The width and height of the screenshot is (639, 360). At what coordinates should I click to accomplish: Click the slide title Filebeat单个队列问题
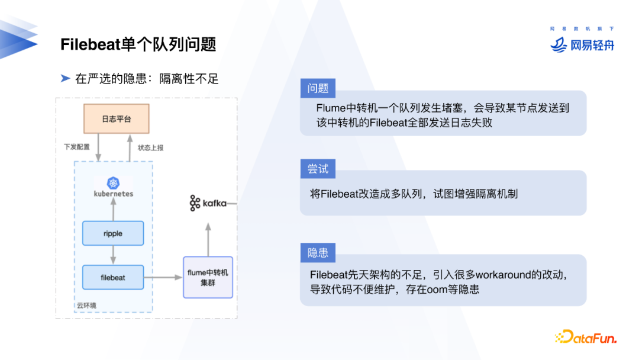[138, 44]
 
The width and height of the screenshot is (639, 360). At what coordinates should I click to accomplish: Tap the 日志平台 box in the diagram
[116, 119]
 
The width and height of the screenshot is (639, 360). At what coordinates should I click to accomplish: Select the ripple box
[112, 233]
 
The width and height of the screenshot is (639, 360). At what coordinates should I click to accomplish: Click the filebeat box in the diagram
[112, 277]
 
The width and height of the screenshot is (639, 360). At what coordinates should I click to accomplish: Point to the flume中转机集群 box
[208, 277]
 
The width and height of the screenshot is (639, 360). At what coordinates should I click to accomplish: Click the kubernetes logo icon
[113, 183]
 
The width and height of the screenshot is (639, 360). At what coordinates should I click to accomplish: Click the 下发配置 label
[77, 147]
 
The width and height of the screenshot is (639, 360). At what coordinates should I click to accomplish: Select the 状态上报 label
[150, 147]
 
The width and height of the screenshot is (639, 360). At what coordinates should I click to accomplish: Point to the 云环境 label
[86, 306]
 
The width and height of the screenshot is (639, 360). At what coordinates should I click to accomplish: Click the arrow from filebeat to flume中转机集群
[163, 277]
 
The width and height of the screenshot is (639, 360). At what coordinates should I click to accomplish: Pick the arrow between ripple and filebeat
[112, 255]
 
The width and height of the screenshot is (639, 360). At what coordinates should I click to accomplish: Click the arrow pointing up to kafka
[208, 237]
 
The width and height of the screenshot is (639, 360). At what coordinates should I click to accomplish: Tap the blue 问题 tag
[318, 88]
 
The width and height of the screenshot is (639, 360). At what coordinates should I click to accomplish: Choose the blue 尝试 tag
[318, 169]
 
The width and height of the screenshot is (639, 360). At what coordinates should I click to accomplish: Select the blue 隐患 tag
[318, 253]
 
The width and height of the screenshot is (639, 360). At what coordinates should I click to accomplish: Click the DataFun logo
[585, 338]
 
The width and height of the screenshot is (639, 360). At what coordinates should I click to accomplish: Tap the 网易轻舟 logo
[582, 44]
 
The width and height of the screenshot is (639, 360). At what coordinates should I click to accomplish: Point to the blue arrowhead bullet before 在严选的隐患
[65, 78]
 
